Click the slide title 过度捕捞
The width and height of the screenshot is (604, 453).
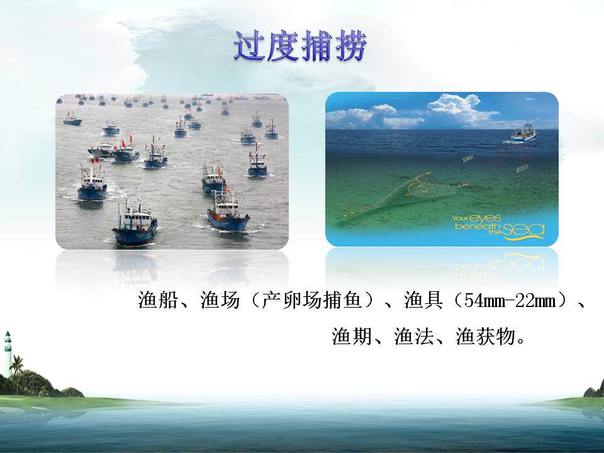tap(299, 46)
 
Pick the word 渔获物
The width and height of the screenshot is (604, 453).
tap(485, 336)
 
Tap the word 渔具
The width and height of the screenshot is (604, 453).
tap(423, 300)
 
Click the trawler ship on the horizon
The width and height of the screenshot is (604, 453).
tap(524, 133)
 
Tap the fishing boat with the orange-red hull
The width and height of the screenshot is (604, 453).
tap(228, 212)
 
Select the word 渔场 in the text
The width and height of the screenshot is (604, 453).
tap(220, 300)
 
